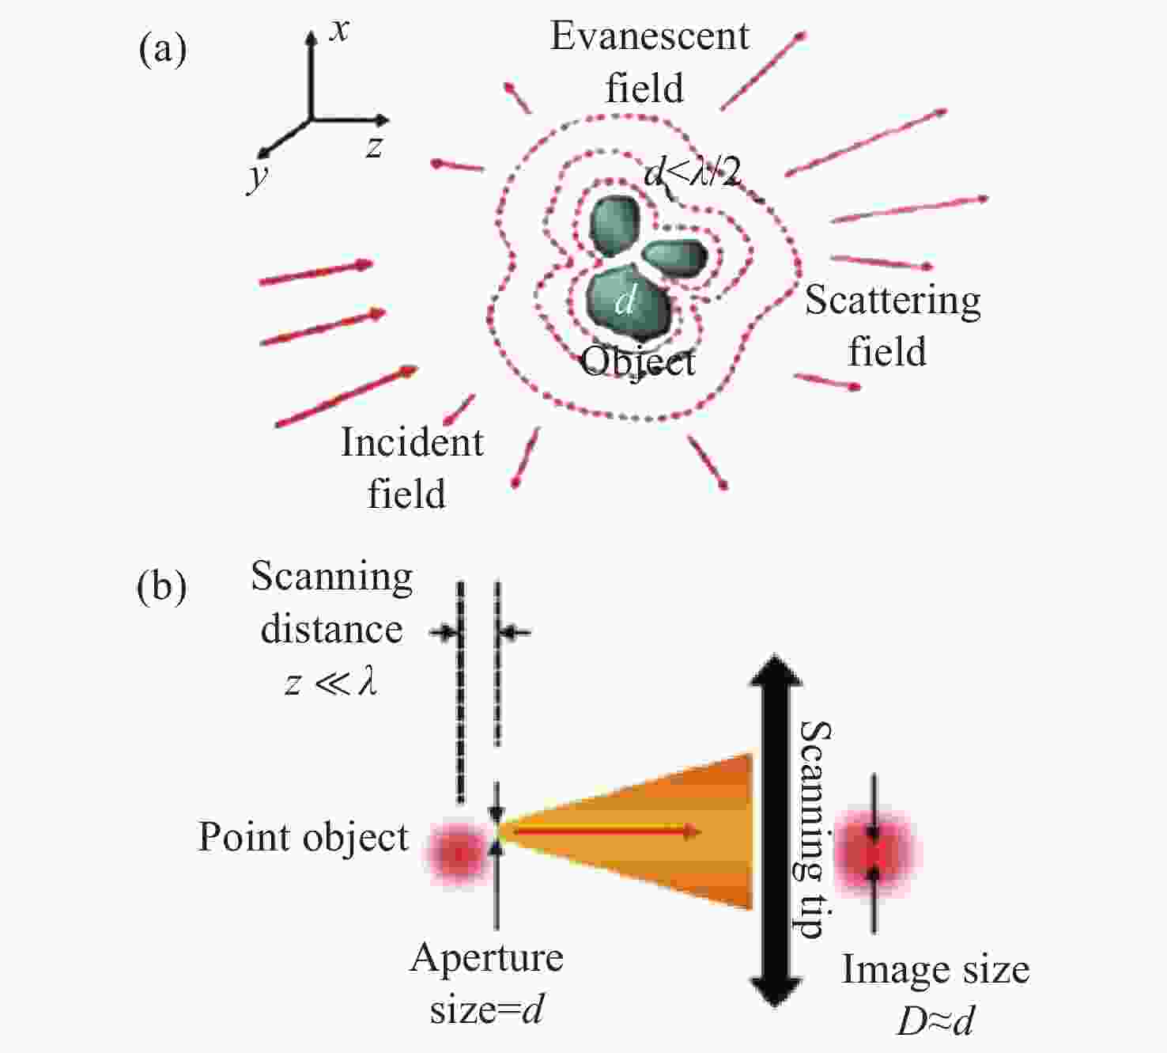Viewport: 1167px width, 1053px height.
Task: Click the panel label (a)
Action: pos(162,50)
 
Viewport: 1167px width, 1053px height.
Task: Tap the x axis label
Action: pos(339,29)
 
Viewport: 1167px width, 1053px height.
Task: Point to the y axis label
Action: pos(256,177)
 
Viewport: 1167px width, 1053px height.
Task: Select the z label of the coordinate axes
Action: pos(375,147)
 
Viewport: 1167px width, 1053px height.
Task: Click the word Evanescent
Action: pos(649,36)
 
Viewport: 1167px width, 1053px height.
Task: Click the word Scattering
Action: pos(893,301)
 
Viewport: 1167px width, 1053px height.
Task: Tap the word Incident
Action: pos(412,442)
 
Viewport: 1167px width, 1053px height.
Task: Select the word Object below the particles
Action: pos(638,362)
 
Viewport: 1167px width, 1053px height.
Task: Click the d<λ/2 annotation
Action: pos(693,172)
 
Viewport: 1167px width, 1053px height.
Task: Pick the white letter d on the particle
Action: pos(626,301)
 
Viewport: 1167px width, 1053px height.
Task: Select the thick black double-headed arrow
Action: pos(774,830)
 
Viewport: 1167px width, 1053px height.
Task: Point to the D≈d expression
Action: pos(935,1021)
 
